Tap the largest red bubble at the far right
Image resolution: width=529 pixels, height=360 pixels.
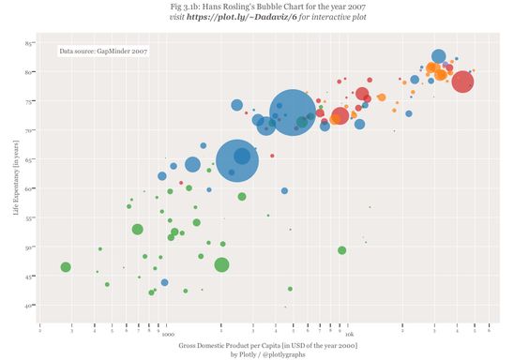point(462,82)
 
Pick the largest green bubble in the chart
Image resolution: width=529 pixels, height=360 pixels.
point(221,264)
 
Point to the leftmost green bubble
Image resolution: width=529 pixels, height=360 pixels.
point(66,267)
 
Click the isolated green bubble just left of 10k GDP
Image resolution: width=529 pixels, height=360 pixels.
point(341,250)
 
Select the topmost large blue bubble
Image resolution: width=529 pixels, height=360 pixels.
point(438,56)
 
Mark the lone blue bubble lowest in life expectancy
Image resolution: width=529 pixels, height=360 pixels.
point(164,282)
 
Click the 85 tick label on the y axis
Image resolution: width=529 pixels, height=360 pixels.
point(30,43)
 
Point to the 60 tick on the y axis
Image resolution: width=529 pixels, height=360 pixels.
point(30,188)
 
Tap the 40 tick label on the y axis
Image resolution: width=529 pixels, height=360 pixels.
point(30,306)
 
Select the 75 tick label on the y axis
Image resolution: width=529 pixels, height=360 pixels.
point(30,101)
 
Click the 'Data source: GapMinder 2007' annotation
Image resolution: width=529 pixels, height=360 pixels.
point(102,52)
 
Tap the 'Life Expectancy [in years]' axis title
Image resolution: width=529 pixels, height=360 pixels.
point(16,175)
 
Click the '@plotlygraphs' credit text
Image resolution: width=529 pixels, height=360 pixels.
point(286,354)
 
